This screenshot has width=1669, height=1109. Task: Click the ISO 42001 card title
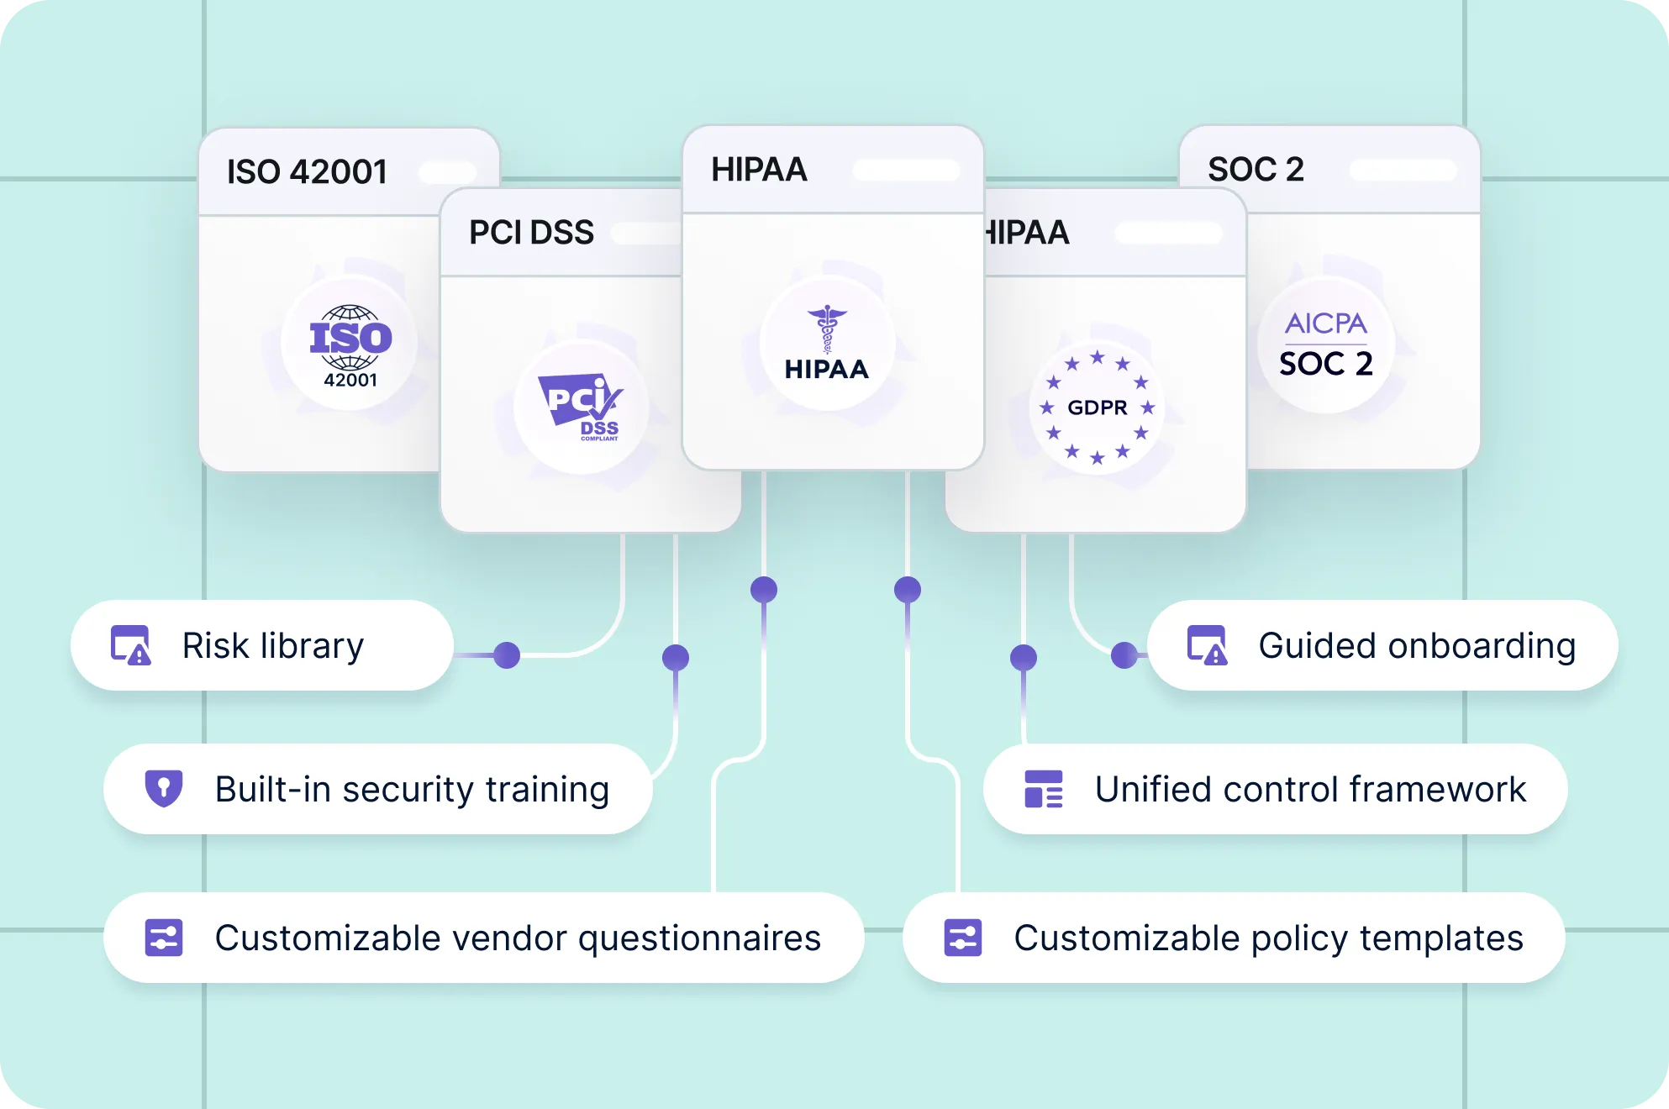tap(307, 172)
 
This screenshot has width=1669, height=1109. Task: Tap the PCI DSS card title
tap(531, 233)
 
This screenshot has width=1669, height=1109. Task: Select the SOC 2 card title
tap(1256, 170)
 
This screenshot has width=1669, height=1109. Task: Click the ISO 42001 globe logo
tap(350, 344)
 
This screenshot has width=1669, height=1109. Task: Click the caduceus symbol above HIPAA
tap(828, 328)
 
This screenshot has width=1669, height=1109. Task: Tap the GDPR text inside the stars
tap(1097, 407)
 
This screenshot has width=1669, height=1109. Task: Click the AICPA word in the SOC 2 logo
tap(1325, 323)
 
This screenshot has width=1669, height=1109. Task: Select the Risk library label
tap(273, 646)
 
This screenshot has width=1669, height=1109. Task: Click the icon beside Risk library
tap(131, 646)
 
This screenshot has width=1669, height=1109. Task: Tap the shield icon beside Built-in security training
tap(164, 789)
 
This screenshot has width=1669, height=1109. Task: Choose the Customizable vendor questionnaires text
tap(518, 938)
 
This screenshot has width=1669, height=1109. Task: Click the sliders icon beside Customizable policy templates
tap(963, 938)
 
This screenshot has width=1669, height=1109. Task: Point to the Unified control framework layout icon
tap(1044, 789)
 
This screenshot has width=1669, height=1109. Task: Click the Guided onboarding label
tap(1417, 646)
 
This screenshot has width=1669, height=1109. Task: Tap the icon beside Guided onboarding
tap(1207, 646)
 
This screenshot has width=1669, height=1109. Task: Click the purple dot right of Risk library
tap(507, 655)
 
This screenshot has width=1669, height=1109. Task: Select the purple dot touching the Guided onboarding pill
tap(1124, 655)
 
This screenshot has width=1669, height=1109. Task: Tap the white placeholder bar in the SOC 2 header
tap(1403, 170)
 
